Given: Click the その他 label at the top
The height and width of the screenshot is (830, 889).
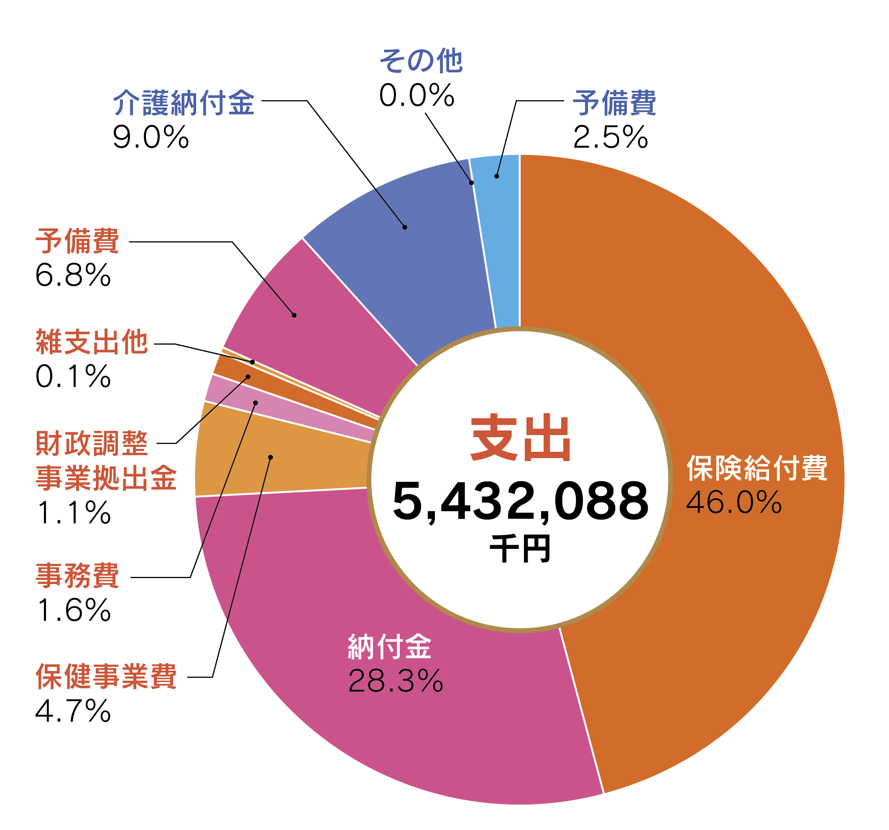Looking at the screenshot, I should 420,61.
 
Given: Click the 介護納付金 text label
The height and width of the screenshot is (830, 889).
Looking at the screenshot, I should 183,103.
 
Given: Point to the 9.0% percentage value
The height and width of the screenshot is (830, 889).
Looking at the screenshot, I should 151,137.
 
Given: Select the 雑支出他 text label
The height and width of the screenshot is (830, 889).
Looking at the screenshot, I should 92,342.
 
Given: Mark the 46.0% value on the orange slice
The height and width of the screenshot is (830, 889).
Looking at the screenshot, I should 734,502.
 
